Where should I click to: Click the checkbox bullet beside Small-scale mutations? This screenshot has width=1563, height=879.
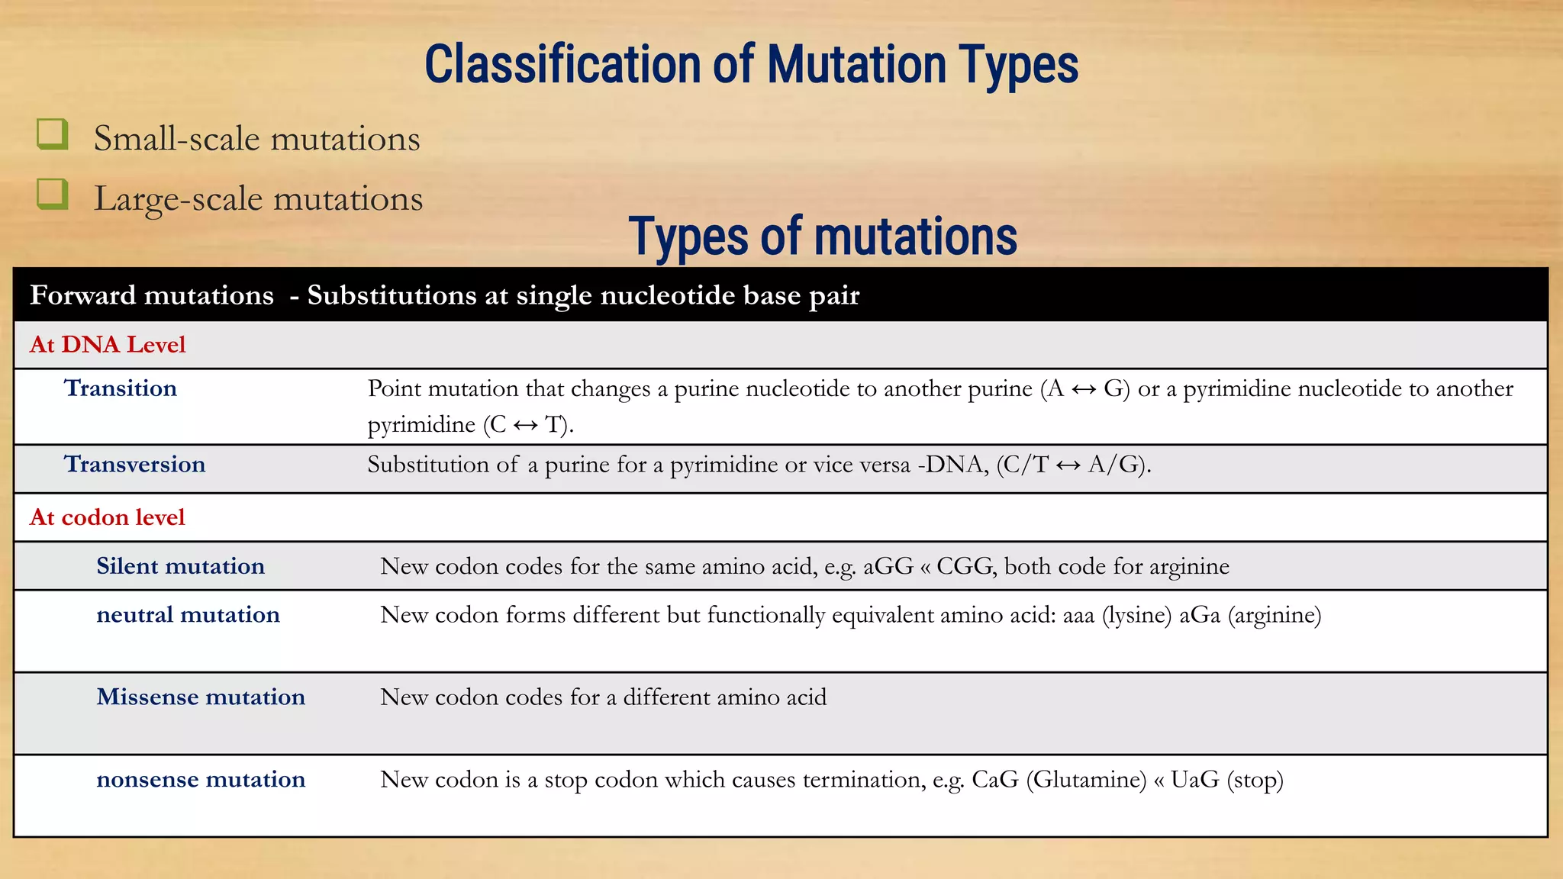(x=53, y=134)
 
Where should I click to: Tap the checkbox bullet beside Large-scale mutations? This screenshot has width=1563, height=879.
(x=53, y=195)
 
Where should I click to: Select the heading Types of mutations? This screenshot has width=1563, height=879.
(x=823, y=237)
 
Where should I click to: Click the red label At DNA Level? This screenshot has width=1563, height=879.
(x=108, y=345)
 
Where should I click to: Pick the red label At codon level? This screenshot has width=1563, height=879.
(x=108, y=517)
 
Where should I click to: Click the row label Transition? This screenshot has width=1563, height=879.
(x=121, y=388)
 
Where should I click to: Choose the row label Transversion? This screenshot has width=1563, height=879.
(x=135, y=464)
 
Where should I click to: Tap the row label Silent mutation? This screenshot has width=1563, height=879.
(x=181, y=566)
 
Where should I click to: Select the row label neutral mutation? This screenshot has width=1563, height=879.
(x=189, y=615)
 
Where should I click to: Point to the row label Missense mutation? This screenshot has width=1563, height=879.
(x=201, y=697)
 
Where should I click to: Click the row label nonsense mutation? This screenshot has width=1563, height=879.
(x=201, y=780)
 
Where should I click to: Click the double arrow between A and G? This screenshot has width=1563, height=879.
(x=1084, y=390)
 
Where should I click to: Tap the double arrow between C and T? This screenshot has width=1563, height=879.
(x=525, y=425)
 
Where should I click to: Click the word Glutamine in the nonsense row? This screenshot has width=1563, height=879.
(x=1086, y=780)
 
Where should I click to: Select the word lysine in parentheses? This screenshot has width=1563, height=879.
(x=1136, y=615)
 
